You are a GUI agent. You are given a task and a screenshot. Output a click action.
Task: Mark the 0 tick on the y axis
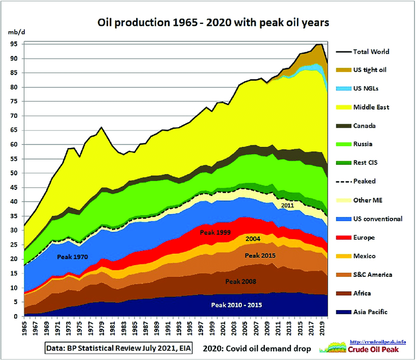(16, 316)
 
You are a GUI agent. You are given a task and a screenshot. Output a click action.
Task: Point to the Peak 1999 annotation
(216, 232)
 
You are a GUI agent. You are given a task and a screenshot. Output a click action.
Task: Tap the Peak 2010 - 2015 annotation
(237, 305)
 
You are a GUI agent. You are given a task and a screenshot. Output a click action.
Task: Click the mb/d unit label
(14, 32)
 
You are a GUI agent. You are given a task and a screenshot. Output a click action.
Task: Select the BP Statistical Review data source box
(119, 348)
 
